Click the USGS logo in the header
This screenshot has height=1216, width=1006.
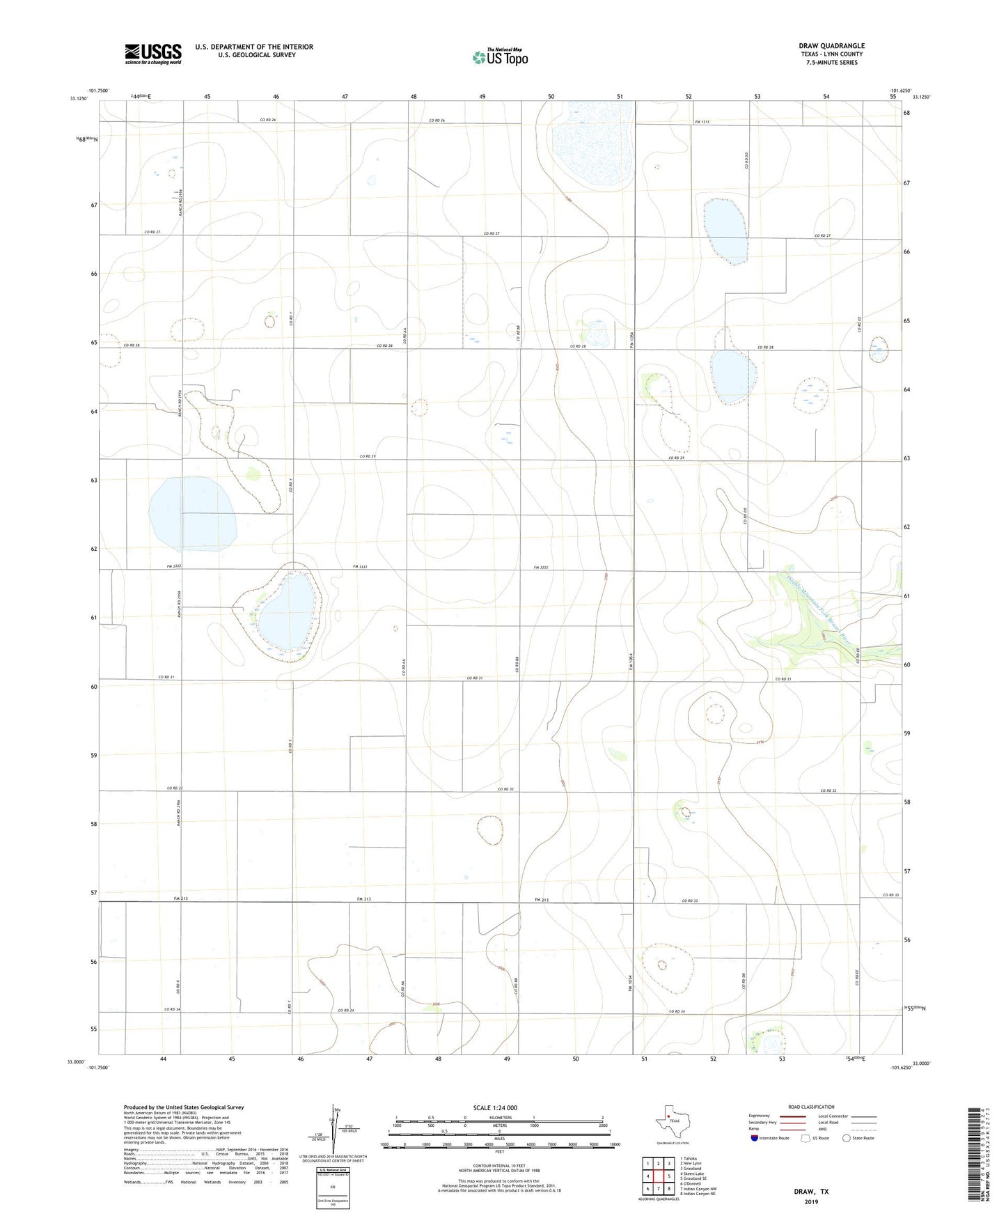point(153,54)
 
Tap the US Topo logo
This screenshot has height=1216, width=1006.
point(500,56)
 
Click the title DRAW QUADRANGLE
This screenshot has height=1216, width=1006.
point(831,46)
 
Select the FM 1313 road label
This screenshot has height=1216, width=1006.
point(702,123)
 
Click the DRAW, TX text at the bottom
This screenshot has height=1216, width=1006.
point(811,1192)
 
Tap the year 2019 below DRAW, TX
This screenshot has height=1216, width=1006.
point(811,1202)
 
